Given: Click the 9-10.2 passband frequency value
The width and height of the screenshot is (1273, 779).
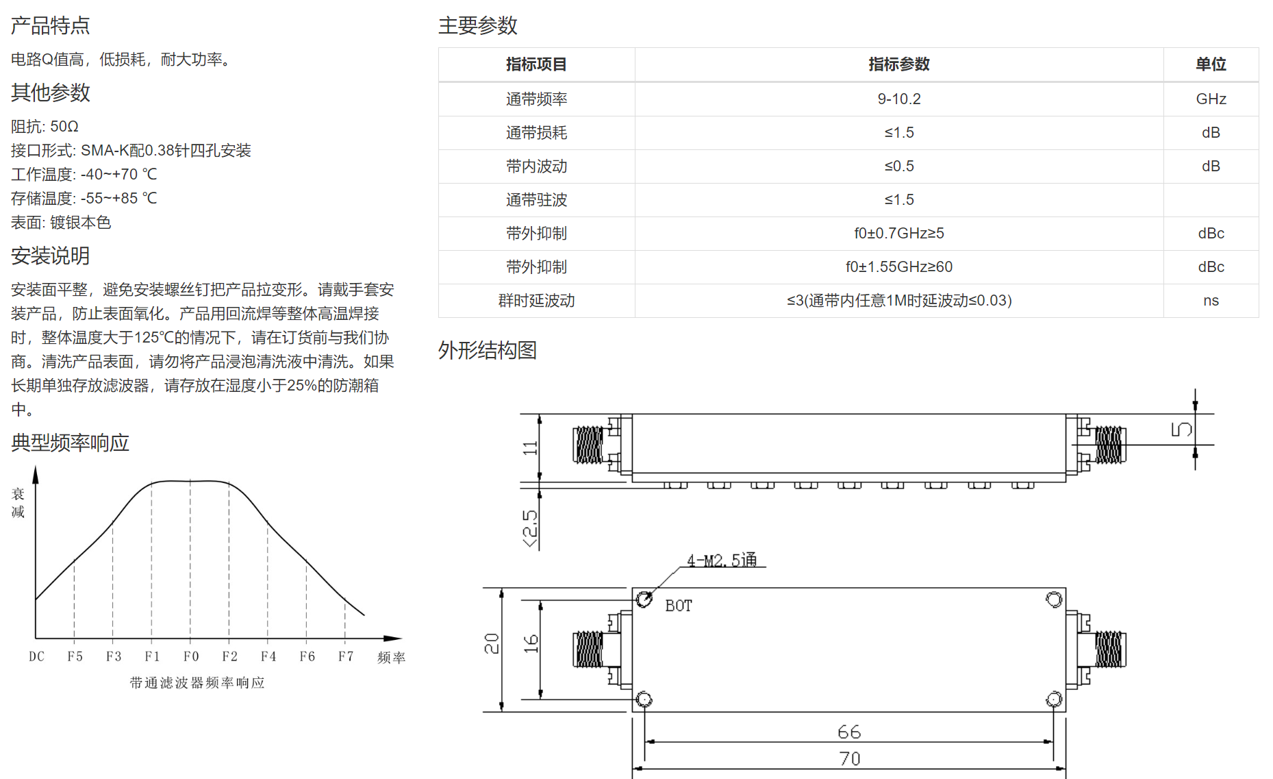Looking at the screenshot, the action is click(898, 99).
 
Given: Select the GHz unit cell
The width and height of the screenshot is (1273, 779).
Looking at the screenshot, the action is click(1211, 99).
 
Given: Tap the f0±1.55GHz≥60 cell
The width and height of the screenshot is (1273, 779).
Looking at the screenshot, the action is click(898, 267).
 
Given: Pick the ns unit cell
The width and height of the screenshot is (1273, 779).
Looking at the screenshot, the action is click(1211, 301).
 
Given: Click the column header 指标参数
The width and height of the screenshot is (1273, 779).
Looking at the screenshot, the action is click(898, 64).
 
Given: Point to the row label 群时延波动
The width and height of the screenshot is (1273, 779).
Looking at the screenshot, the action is click(536, 301).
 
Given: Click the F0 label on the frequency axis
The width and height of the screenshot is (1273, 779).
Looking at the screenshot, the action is click(191, 656).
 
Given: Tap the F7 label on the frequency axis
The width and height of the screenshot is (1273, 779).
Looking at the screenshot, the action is click(346, 656).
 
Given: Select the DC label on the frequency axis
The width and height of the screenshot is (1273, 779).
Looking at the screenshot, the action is click(36, 656).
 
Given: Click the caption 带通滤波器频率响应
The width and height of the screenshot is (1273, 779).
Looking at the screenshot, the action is click(197, 682).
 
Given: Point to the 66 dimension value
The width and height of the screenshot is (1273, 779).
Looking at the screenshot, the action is click(849, 732).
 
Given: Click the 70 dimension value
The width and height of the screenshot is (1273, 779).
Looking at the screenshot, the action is click(849, 758).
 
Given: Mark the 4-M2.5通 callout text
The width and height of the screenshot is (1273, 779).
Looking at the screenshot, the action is click(722, 560).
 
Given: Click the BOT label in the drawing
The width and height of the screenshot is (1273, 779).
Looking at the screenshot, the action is click(679, 606).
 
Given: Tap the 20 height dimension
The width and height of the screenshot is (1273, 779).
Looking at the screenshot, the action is click(492, 643).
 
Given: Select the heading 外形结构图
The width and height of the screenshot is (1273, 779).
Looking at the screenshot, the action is click(488, 350).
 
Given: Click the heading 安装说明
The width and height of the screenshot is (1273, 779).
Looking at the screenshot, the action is click(51, 256).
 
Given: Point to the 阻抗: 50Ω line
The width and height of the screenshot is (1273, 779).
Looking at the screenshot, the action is click(45, 127).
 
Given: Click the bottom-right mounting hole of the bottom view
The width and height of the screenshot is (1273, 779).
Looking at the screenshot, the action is click(1054, 700).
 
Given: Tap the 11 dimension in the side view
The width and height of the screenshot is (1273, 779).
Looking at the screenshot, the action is click(530, 448).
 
